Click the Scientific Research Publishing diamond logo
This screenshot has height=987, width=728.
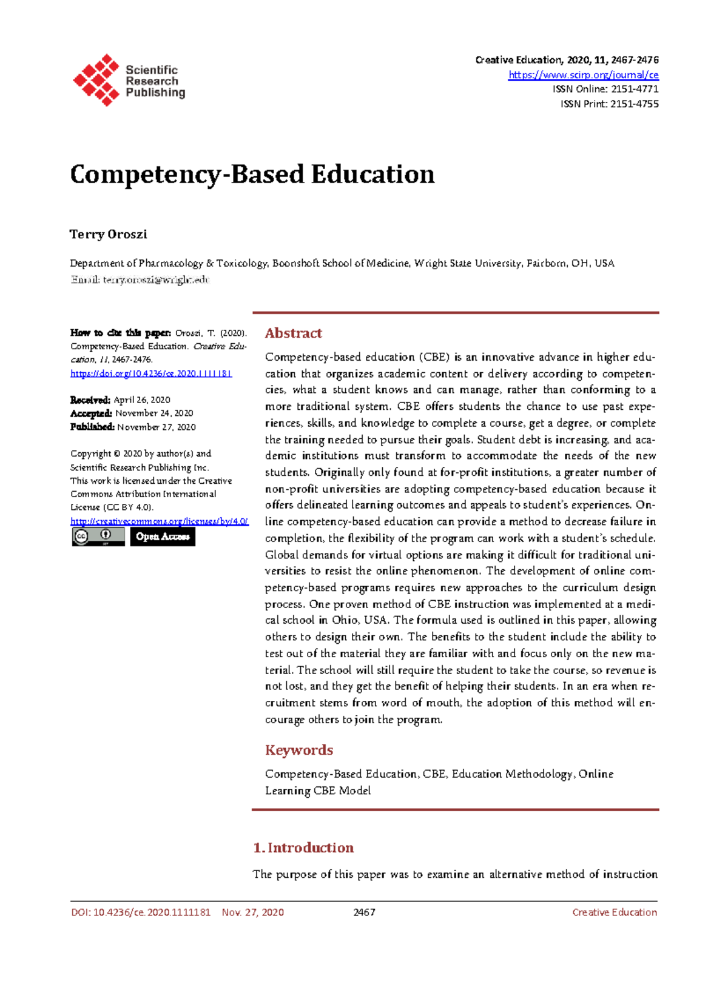click(x=96, y=79)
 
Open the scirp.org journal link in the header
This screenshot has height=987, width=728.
click(x=583, y=75)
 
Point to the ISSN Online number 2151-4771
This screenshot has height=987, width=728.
click(x=635, y=89)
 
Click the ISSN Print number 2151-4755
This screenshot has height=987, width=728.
click(x=635, y=104)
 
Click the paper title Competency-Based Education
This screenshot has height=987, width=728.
click(x=252, y=175)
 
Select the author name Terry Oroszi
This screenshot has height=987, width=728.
click(x=109, y=235)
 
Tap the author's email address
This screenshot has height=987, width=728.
click(x=156, y=279)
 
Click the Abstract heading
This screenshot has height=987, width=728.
click(x=294, y=333)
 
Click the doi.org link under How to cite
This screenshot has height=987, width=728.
click(x=151, y=373)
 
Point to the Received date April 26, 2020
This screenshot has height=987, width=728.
click(x=142, y=400)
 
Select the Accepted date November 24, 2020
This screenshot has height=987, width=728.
click(x=154, y=413)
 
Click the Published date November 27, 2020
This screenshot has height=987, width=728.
click(x=157, y=427)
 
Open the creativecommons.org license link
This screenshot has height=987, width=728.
click(x=159, y=521)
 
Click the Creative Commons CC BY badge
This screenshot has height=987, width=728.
click(x=98, y=537)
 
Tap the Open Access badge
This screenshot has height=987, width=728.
click(x=163, y=537)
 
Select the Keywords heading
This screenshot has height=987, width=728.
click(x=299, y=750)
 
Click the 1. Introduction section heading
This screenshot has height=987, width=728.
click(x=303, y=848)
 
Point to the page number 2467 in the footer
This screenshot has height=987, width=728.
click(x=364, y=912)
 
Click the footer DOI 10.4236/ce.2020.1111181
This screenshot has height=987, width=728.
click(x=152, y=912)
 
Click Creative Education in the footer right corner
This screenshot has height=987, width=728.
click(x=614, y=912)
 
